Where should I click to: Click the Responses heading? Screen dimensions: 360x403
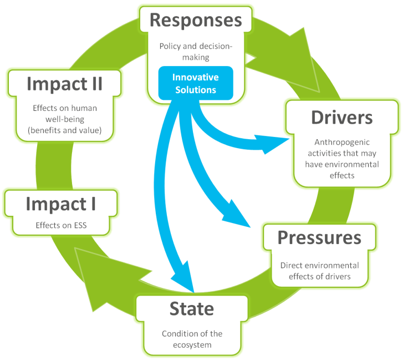pos(196,21)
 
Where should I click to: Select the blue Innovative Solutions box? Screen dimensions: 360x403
pos(196,83)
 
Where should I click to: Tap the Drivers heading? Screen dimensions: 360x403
pos(341,118)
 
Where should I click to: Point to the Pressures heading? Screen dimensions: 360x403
pos(319,237)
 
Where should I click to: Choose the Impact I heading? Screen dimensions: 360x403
pos(60,204)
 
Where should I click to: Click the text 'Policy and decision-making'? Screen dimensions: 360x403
pos(196,51)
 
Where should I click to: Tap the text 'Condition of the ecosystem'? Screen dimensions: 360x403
pos(192,339)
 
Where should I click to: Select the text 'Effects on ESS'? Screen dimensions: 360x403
pos(60,226)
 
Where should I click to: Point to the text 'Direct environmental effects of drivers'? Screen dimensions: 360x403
pos(319,271)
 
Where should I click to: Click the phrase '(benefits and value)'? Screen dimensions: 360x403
pos(65,131)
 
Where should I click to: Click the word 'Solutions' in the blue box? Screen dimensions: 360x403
pos(196,89)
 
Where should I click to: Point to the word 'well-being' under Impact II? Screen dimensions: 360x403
pos(65,120)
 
